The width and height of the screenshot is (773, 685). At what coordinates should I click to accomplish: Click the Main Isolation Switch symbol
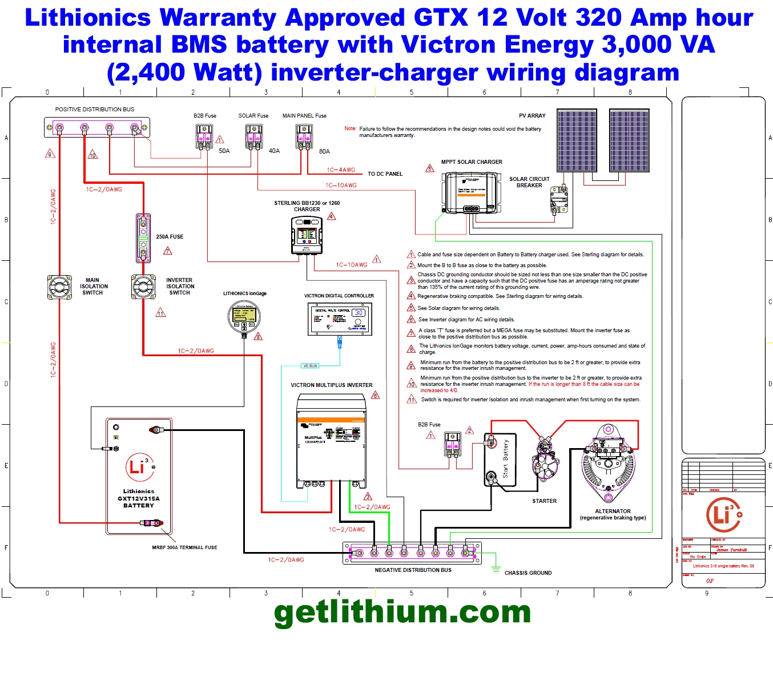(x=59, y=287)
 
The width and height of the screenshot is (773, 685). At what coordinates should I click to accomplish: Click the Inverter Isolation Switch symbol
(x=143, y=287)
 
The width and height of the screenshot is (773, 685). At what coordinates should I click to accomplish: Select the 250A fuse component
(x=143, y=237)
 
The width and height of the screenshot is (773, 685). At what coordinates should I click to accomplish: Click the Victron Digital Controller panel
(x=339, y=319)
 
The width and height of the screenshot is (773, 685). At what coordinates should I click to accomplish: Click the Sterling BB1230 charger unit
(x=307, y=235)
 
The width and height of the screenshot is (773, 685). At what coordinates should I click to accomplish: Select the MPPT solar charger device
(x=472, y=193)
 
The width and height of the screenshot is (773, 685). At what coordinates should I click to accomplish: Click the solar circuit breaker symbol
(x=559, y=200)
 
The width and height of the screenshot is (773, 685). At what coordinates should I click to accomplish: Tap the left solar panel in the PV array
(x=577, y=140)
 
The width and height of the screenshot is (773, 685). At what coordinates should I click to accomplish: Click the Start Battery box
(x=500, y=460)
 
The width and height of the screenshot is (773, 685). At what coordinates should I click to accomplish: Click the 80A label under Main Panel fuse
(x=324, y=151)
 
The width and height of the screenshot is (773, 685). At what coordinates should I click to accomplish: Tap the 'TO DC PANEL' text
(x=385, y=174)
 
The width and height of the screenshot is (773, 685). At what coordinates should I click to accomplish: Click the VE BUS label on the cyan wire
(x=310, y=366)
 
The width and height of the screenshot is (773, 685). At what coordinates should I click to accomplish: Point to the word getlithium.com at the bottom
(x=402, y=613)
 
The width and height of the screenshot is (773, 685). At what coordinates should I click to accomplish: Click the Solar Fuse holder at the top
(x=254, y=137)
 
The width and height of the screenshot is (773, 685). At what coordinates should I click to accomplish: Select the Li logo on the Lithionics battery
(x=139, y=467)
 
